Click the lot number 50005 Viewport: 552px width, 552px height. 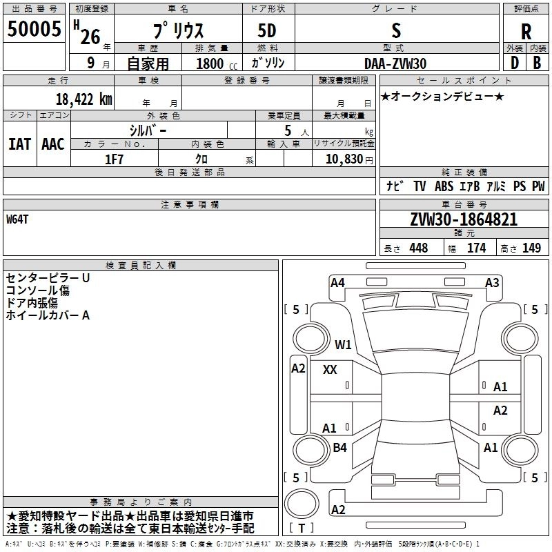pyautogui.click(x=34, y=28)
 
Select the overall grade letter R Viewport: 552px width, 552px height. pyautogui.click(x=526, y=32)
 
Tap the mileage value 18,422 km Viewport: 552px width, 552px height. pyautogui.click(x=84, y=99)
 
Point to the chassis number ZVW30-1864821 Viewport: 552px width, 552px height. pyautogui.click(x=464, y=219)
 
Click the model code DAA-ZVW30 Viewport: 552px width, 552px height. pyautogui.click(x=395, y=63)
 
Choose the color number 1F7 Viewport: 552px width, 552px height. pyautogui.click(x=114, y=159)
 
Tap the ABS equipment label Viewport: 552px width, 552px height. pyautogui.click(x=444, y=186)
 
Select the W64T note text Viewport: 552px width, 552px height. pyautogui.click(x=17, y=219)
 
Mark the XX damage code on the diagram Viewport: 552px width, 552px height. pyautogui.click(x=330, y=370)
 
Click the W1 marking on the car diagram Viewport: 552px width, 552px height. pyautogui.click(x=343, y=344)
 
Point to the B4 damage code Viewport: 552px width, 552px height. pyautogui.click(x=339, y=447)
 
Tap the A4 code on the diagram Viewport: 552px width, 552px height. pyautogui.click(x=337, y=283)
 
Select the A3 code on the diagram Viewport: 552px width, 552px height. pyautogui.click(x=492, y=283)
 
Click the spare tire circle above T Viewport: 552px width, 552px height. pyautogui.click(x=302, y=504)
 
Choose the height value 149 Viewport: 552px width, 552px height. pyautogui.click(x=531, y=248)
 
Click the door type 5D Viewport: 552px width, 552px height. pyautogui.click(x=267, y=30)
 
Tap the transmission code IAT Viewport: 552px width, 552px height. pyautogui.click(x=20, y=144)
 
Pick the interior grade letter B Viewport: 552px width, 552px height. pyautogui.click(x=537, y=63)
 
